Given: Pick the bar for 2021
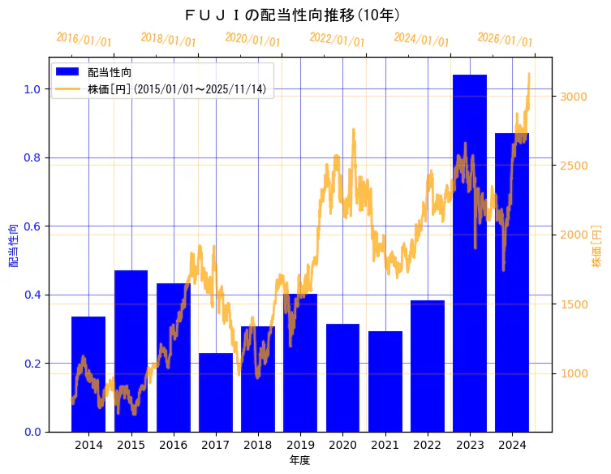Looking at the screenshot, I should pyautogui.click(x=385, y=381).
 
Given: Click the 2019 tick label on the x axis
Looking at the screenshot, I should pyautogui.click(x=300, y=445).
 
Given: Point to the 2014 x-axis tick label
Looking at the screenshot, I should pyautogui.click(x=88, y=445).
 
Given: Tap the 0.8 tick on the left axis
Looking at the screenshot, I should pyautogui.click(x=32, y=157).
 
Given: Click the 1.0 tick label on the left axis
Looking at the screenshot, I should pyautogui.click(x=32, y=89).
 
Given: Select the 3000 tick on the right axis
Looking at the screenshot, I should pyautogui.click(x=574, y=97).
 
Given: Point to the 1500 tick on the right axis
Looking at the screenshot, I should pyautogui.click(x=574, y=304).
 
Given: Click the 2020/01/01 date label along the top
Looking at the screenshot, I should pyautogui.click(x=252, y=39).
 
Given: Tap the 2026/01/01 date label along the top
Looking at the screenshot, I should pyautogui.click(x=505, y=39).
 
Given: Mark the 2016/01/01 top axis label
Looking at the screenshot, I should pyautogui.click(x=84, y=39).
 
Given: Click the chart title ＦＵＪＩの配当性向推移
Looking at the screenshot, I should pyautogui.click(x=292, y=15).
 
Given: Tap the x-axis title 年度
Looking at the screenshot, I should pyautogui.click(x=299, y=460).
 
